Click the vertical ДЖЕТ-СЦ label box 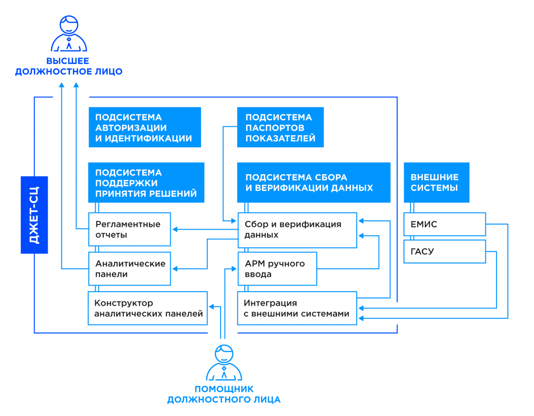34,215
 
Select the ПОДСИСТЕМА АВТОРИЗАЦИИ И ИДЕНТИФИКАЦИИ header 144,128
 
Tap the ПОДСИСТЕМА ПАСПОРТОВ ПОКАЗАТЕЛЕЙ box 280,128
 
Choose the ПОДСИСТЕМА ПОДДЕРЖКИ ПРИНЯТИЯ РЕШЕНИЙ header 146,183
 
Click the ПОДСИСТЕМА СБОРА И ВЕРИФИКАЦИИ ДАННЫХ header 313,183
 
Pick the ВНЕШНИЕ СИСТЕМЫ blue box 436,183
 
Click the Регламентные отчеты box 129,229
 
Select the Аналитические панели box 129,269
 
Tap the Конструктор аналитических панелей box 147,308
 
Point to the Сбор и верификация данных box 297,230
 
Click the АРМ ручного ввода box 277,269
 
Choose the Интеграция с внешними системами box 297,308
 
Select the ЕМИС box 444,224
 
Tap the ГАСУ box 444,251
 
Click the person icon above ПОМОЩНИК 224,363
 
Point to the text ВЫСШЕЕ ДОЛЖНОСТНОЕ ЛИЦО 69,66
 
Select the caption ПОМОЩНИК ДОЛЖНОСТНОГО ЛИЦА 224,394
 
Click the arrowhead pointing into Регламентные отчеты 175,229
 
